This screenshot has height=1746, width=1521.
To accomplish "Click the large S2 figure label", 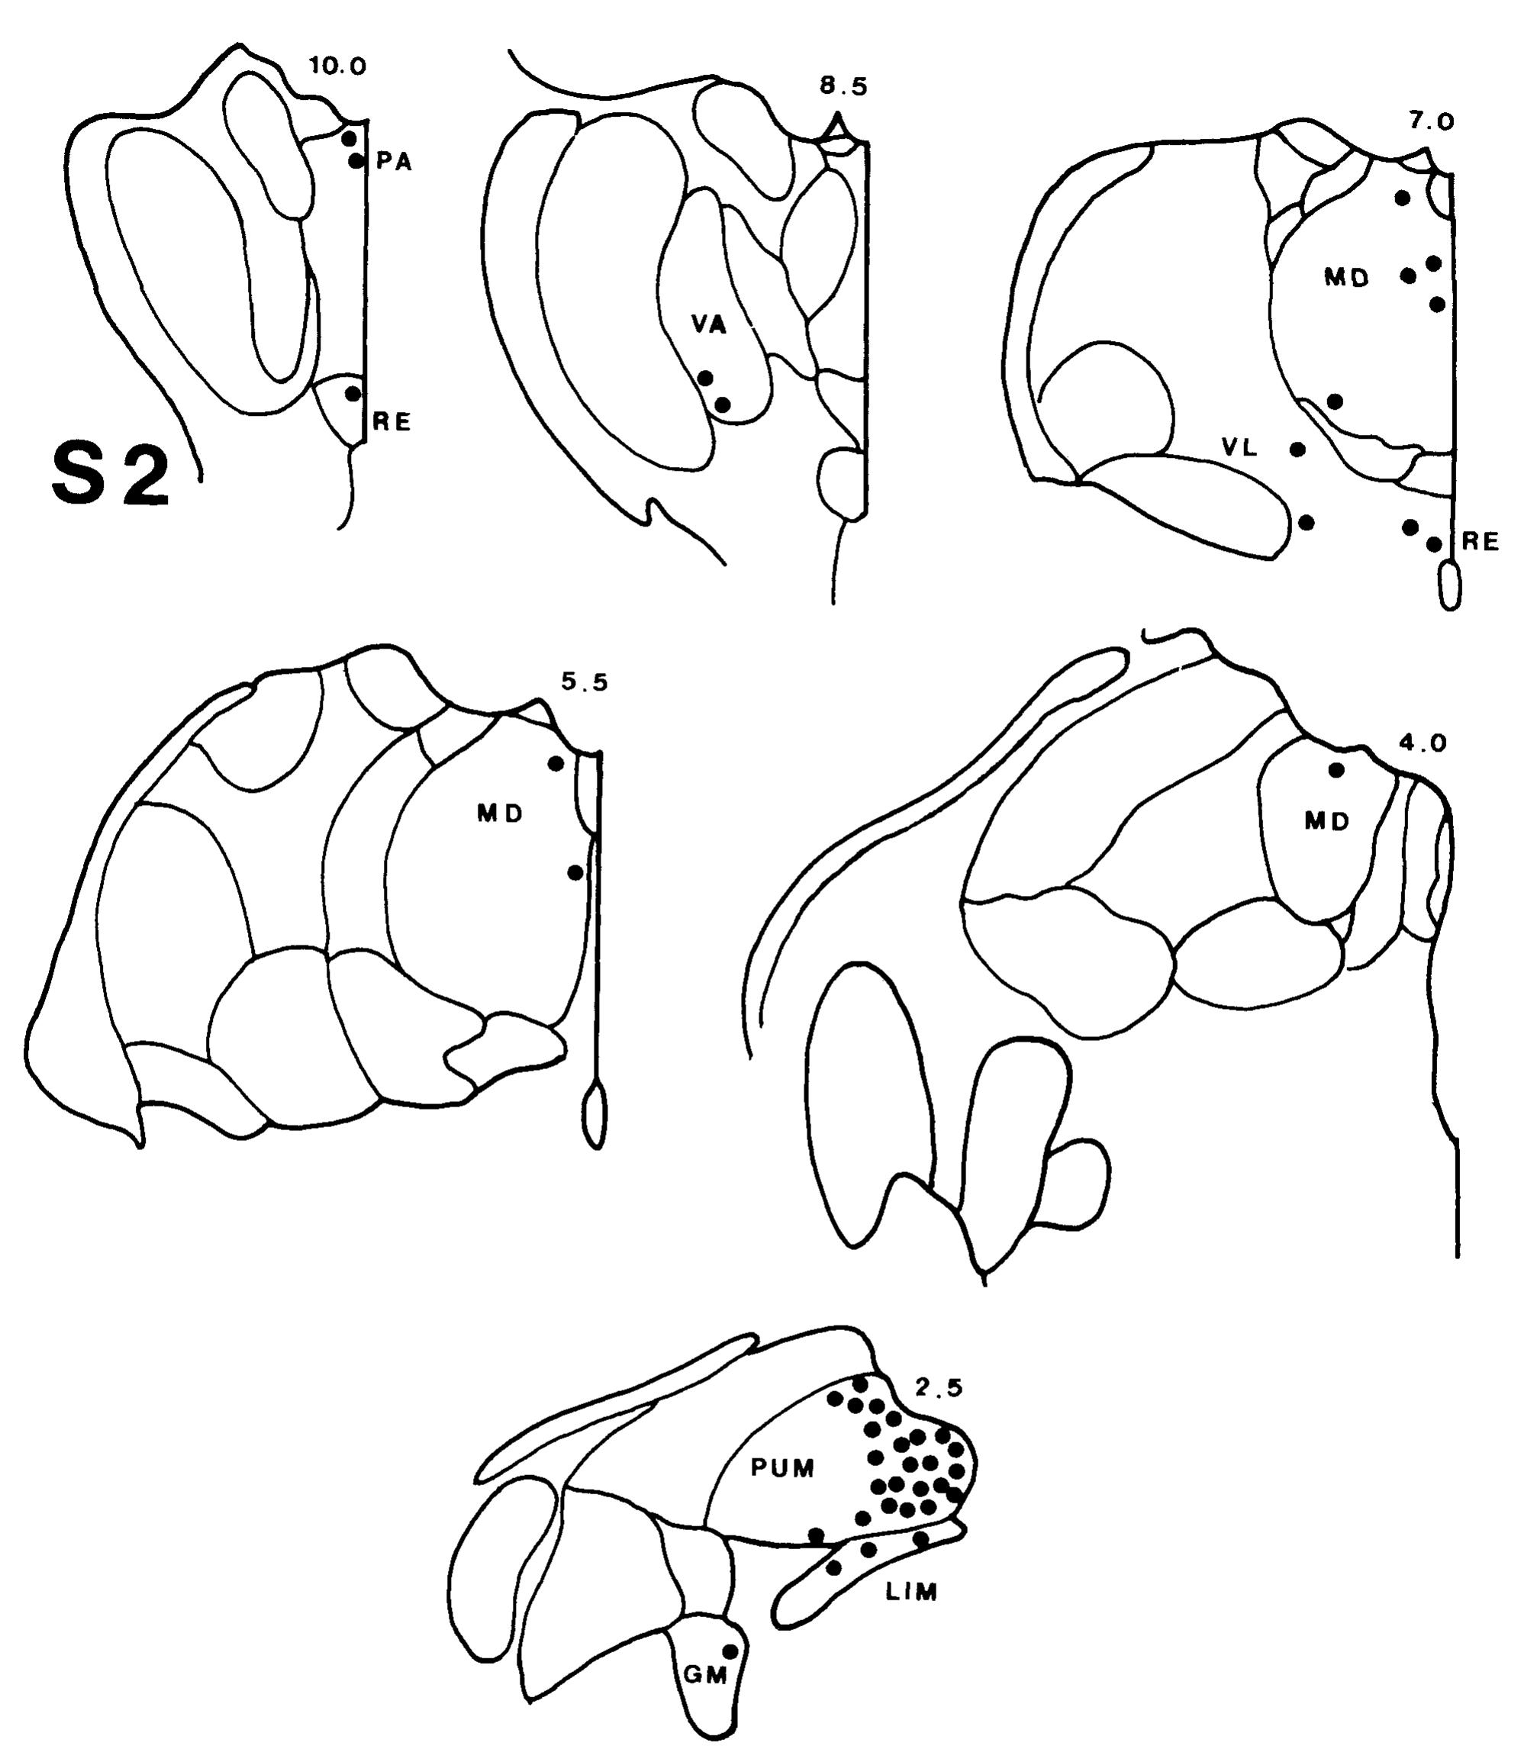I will [111, 478].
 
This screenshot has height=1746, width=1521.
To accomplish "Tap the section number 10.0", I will [338, 67].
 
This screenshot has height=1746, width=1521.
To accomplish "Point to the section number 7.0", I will [1431, 122].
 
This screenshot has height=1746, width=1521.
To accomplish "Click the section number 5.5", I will [584, 682].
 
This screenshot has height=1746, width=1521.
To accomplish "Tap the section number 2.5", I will [939, 1388].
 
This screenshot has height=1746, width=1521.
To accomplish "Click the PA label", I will [394, 163].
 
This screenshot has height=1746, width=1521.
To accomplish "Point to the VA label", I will [709, 324].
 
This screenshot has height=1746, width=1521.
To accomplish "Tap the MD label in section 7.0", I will [1347, 278].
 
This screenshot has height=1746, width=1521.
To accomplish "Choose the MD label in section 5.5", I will [499, 814].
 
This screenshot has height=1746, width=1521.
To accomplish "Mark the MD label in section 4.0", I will [1326, 821].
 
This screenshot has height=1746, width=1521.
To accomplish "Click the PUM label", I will [782, 1467].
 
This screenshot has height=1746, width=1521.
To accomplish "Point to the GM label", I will [706, 1676].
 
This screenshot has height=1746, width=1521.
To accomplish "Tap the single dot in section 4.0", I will [1335, 770].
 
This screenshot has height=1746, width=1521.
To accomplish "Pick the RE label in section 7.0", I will [1481, 542].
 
